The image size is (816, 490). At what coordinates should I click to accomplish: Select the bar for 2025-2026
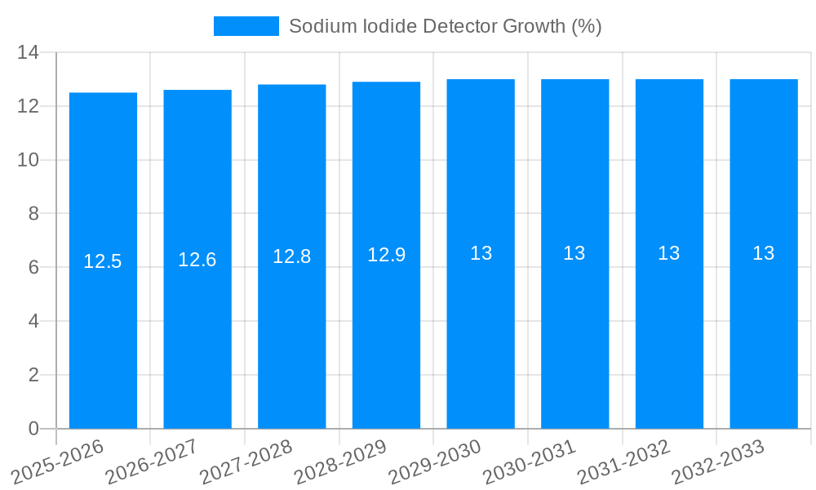pos(103,261)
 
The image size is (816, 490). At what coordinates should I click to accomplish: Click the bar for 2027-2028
pos(292,256)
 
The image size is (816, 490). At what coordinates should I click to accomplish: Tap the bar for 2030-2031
pos(574,254)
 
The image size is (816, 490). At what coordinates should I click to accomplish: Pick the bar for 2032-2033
pos(764,254)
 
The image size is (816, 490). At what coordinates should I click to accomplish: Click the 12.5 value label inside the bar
pos(103,261)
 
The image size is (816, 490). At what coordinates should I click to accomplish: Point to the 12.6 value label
pos(197,260)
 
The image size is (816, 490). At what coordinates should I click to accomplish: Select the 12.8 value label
pos(292,256)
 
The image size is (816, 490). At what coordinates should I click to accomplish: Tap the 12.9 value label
pos(386,255)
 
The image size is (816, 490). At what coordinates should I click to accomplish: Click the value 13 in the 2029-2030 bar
pos(481,253)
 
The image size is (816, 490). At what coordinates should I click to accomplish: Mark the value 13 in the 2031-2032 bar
pos(669,253)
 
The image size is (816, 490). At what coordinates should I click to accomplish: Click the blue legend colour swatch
pos(246,26)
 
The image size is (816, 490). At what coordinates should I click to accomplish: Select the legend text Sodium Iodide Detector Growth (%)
pos(445,26)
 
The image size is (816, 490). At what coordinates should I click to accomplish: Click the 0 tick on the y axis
pos(33,429)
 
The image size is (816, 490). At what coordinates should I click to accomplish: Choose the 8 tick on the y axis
pos(33,214)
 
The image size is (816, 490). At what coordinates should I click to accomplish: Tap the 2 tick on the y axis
pos(33,375)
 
